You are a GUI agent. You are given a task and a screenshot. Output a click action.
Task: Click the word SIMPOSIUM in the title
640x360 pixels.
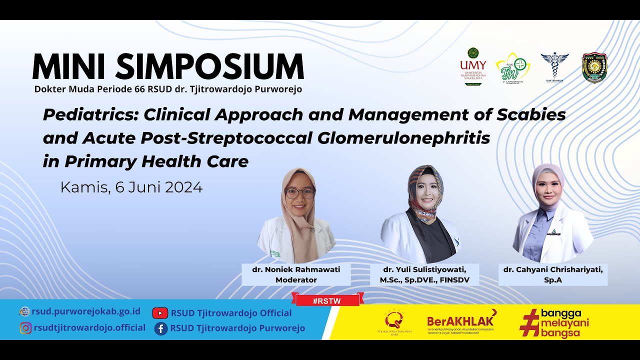pyautogui.click(x=212, y=67)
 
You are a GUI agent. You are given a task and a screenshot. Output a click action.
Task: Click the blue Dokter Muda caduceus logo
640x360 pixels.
pyautogui.click(x=554, y=66)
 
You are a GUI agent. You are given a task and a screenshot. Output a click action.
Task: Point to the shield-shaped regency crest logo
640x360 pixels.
pyautogui.click(x=594, y=67)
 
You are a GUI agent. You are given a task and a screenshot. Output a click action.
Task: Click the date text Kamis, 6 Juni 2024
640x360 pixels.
pyautogui.click(x=131, y=187)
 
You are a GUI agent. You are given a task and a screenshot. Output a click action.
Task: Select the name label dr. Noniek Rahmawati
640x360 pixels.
pyautogui.click(x=296, y=269)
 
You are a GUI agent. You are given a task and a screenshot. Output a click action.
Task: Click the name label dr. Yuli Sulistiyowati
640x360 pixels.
pyautogui.click(x=424, y=270)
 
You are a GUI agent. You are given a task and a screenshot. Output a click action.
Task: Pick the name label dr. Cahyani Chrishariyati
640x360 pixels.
pyautogui.click(x=552, y=270)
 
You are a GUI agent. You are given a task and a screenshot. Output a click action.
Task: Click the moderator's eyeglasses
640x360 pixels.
pyautogui.click(x=299, y=192)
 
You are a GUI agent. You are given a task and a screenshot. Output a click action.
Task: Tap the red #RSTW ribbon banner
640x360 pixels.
pyautogui.click(x=327, y=300)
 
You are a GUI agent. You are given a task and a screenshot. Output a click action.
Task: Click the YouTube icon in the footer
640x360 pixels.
pyautogui.click(x=160, y=313)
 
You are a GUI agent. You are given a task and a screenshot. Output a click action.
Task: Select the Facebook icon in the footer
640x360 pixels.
pyautogui.click(x=160, y=328)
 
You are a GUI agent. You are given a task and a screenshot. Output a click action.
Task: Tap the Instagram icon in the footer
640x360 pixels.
pyautogui.click(x=25, y=328)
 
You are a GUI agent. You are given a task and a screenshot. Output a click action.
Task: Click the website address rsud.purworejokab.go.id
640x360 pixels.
pyautogui.click(x=86, y=311)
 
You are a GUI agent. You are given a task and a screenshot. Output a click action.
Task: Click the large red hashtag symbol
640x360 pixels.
pyautogui.click(x=530, y=322)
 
